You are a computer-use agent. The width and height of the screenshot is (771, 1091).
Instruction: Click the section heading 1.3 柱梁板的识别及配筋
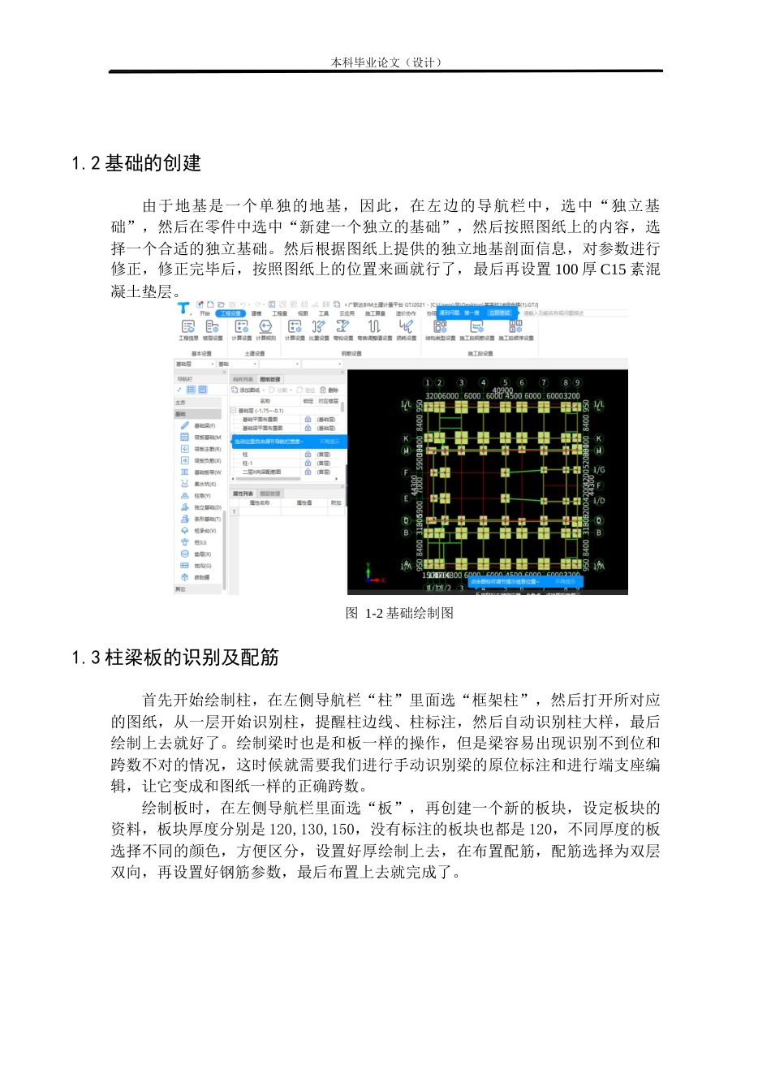click(x=175, y=658)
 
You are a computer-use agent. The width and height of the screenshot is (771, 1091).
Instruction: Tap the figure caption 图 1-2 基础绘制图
click(x=399, y=613)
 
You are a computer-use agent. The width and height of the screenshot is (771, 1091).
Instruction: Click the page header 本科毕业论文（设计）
click(x=385, y=63)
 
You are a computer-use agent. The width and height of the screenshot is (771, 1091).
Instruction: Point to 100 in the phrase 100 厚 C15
click(x=566, y=270)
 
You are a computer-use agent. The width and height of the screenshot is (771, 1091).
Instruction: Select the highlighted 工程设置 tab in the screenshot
click(x=230, y=313)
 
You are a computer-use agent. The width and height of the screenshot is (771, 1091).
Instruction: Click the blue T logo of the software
click(x=184, y=308)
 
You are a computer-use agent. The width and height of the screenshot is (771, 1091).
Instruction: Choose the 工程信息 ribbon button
click(x=188, y=329)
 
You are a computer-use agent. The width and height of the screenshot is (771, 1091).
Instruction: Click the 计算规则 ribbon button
click(x=265, y=329)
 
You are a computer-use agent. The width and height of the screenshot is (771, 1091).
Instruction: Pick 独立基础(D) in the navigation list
click(x=207, y=507)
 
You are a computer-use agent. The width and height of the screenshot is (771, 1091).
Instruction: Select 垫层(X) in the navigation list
click(x=202, y=554)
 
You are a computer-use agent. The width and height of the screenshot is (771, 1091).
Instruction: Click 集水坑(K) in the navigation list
click(x=205, y=484)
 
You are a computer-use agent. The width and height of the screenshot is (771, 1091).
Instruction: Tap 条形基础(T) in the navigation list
click(x=207, y=520)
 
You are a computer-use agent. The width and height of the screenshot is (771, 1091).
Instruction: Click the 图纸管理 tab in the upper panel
click(x=269, y=379)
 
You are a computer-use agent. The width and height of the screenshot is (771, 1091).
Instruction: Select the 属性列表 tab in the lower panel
click(x=243, y=494)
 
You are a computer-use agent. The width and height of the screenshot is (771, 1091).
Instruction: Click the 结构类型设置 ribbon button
click(x=440, y=329)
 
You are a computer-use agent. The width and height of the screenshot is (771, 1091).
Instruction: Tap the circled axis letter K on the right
click(x=599, y=438)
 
